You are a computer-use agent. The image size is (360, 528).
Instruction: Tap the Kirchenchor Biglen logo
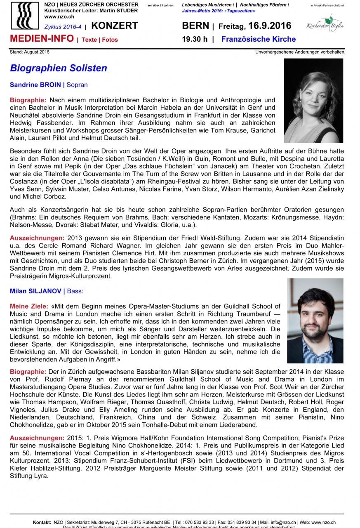[x=325, y=24]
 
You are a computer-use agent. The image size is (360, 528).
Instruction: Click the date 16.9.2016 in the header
[x=270, y=26]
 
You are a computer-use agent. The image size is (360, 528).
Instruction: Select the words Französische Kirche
[x=258, y=40]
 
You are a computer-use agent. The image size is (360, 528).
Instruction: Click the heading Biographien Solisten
[x=59, y=68]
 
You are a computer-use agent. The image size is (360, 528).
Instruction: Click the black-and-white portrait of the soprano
[x=313, y=101]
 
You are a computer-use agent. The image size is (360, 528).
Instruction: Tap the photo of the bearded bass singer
[x=315, y=321]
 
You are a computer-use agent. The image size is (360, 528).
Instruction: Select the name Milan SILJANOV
[x=36, y=291]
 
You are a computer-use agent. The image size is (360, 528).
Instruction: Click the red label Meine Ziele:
[x=28, y=306]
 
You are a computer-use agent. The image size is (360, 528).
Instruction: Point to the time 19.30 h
[x=195, y=40]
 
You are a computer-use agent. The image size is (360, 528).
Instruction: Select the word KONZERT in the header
[x=114, y=26]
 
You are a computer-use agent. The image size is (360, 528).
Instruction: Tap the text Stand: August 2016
[x=29, y=52]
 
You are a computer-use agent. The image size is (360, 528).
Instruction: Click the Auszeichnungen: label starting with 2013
[x=37, y=238]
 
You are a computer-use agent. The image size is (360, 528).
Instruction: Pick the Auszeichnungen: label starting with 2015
[x=37, y=438]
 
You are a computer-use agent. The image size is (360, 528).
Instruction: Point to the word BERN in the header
[x=195, y=26]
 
